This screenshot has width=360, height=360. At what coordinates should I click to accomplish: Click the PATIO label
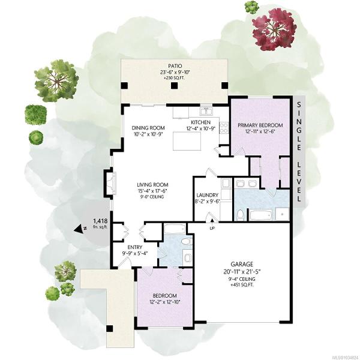point(175,67)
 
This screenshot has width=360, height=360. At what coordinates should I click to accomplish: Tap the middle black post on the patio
point(174,85)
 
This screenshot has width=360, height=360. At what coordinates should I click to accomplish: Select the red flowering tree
point(273,29)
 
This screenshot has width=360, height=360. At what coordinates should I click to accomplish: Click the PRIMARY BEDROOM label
point(260,125)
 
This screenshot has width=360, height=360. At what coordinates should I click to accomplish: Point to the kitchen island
point(187,141)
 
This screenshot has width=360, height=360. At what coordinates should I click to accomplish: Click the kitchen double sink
point(206,112)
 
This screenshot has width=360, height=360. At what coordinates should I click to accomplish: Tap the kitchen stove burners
point(224,128)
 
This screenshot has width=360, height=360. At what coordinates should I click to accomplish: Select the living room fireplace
point(110,183)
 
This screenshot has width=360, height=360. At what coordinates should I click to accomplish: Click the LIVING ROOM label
point(152,185)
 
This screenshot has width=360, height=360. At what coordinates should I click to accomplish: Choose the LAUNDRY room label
point(208,195)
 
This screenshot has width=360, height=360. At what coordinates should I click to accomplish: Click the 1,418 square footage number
point(100,221)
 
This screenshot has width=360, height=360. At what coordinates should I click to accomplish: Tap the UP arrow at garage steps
point(212,220)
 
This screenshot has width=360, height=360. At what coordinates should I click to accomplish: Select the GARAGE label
point(242,264)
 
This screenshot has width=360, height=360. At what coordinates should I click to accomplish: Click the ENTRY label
point(135,247)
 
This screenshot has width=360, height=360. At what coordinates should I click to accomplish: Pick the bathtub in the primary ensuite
point(261,215)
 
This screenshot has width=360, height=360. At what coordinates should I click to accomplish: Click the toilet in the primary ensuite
point(241,214)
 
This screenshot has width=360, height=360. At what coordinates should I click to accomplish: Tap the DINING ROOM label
point(148,128)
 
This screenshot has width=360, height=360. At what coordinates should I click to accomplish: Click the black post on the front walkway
point(110,329)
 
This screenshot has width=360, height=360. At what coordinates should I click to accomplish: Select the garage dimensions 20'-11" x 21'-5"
point(242,272)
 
